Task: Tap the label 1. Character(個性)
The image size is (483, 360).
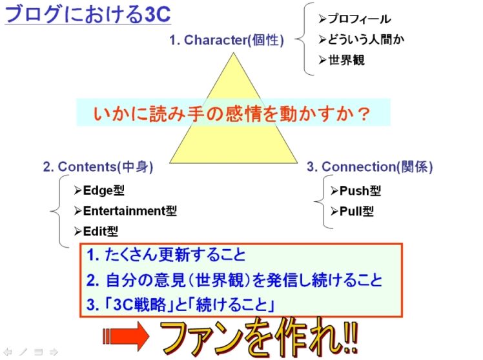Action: pos(226,40)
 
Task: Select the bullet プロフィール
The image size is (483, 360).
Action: pos(355,20)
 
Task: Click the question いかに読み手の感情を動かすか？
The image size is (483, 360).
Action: pos(232,114)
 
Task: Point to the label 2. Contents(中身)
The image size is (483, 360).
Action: pos(98,166)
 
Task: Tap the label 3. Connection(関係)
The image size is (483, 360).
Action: pos(369,166)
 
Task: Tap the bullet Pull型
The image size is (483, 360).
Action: pos(351,211)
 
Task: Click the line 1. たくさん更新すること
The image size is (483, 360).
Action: pos(166,255)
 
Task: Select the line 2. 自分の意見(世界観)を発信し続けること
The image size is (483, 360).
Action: pos(234,280)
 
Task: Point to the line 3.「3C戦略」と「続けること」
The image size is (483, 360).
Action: pos(181,304)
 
